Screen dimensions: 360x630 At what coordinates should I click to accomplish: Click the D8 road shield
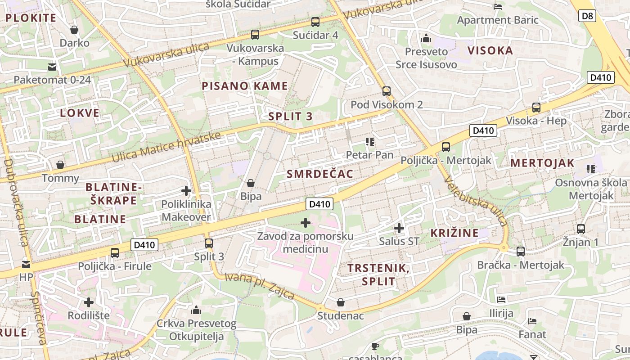[587, 17]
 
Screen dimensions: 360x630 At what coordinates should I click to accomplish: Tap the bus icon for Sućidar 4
[315, 22]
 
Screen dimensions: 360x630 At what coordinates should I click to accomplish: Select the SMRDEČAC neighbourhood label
[320, 174]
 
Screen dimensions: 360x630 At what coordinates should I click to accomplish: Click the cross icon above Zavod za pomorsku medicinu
[306, 223]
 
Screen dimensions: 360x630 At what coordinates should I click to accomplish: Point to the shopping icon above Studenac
[341, 302]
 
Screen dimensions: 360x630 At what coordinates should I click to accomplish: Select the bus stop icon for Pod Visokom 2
[386, 91]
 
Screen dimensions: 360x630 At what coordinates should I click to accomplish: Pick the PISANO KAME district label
[245, 86]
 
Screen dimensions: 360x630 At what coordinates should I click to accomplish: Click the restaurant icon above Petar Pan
[370, 142]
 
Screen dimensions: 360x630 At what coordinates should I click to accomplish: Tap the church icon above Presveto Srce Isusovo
[426, 38]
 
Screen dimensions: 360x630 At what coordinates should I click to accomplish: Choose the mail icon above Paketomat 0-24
[52, 67]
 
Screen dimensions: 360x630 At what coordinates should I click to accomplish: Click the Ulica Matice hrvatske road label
[166, 148]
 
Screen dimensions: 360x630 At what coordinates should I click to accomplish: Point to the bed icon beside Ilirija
[501, 300]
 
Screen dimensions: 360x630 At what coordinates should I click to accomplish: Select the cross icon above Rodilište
[89, 302]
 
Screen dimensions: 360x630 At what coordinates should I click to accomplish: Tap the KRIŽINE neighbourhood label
[454, 233]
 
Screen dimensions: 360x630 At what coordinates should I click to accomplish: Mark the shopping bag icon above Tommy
[60, 165]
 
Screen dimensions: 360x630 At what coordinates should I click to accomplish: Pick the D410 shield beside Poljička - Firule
[145, 245]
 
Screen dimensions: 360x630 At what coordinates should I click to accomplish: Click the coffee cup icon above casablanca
[375, 346]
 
